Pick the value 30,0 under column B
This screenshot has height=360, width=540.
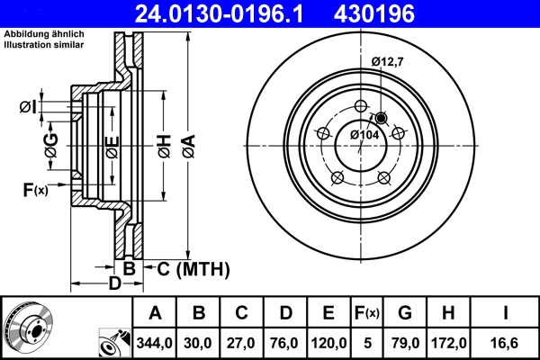200,342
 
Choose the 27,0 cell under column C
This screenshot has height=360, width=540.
242,342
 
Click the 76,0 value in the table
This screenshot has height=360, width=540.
285,342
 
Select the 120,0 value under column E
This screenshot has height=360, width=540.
328,342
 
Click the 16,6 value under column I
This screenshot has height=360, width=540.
506,342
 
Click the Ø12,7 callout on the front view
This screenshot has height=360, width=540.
390,61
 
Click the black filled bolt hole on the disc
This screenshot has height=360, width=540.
381,119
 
